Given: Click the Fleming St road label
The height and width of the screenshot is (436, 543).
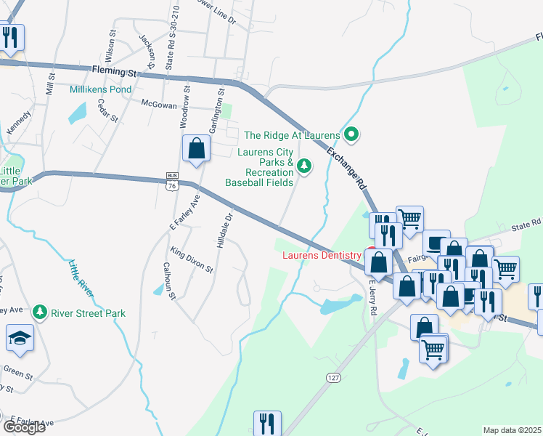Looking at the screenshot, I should tap(115, 72).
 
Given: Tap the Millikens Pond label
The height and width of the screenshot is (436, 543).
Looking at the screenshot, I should tap(100, 89).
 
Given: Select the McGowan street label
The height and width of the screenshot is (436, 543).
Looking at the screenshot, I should tap(158, 105).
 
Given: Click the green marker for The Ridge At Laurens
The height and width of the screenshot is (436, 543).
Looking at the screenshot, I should tap(352, 134).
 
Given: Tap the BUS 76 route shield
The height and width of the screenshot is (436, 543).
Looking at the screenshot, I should tap(172, 182).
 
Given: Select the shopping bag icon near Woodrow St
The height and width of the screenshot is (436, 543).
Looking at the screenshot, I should tap(196, 149).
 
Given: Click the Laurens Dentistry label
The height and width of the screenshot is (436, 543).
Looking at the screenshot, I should tap(321, 255).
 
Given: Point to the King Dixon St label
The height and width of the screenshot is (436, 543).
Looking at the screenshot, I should tap(192, 259).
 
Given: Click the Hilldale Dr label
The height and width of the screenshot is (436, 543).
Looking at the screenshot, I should tap(224, 230).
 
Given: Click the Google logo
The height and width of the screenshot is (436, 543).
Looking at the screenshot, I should tap(24, 427).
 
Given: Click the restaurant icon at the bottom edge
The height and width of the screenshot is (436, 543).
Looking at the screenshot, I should tap(266, 424).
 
